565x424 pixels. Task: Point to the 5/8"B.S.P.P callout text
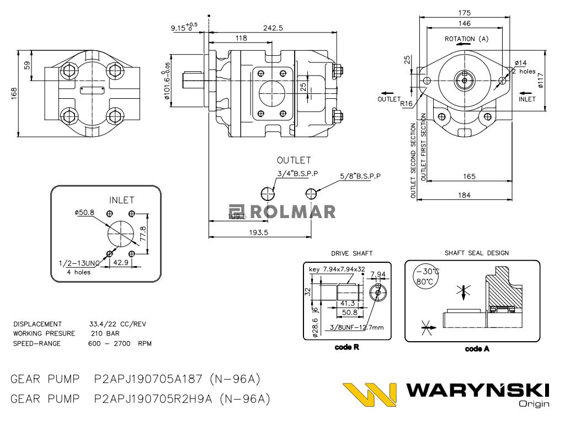(x=361, y=176)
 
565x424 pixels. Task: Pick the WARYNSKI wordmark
(x=477, y=391)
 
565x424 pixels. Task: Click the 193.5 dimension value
(x=258, y=232)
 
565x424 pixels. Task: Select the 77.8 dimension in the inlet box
(x=143, y=234)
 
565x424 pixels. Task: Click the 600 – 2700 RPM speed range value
(x=120, y=343)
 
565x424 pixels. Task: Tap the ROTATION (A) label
(x=467, y=39)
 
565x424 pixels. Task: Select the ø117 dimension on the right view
(x=541, y=81)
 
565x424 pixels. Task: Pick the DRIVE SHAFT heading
(x=351, y=253)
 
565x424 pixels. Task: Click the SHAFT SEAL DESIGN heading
(x=477, y=253)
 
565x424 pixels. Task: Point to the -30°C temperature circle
(x=427, y=272)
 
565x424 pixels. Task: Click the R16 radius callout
(x=407, y=103)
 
